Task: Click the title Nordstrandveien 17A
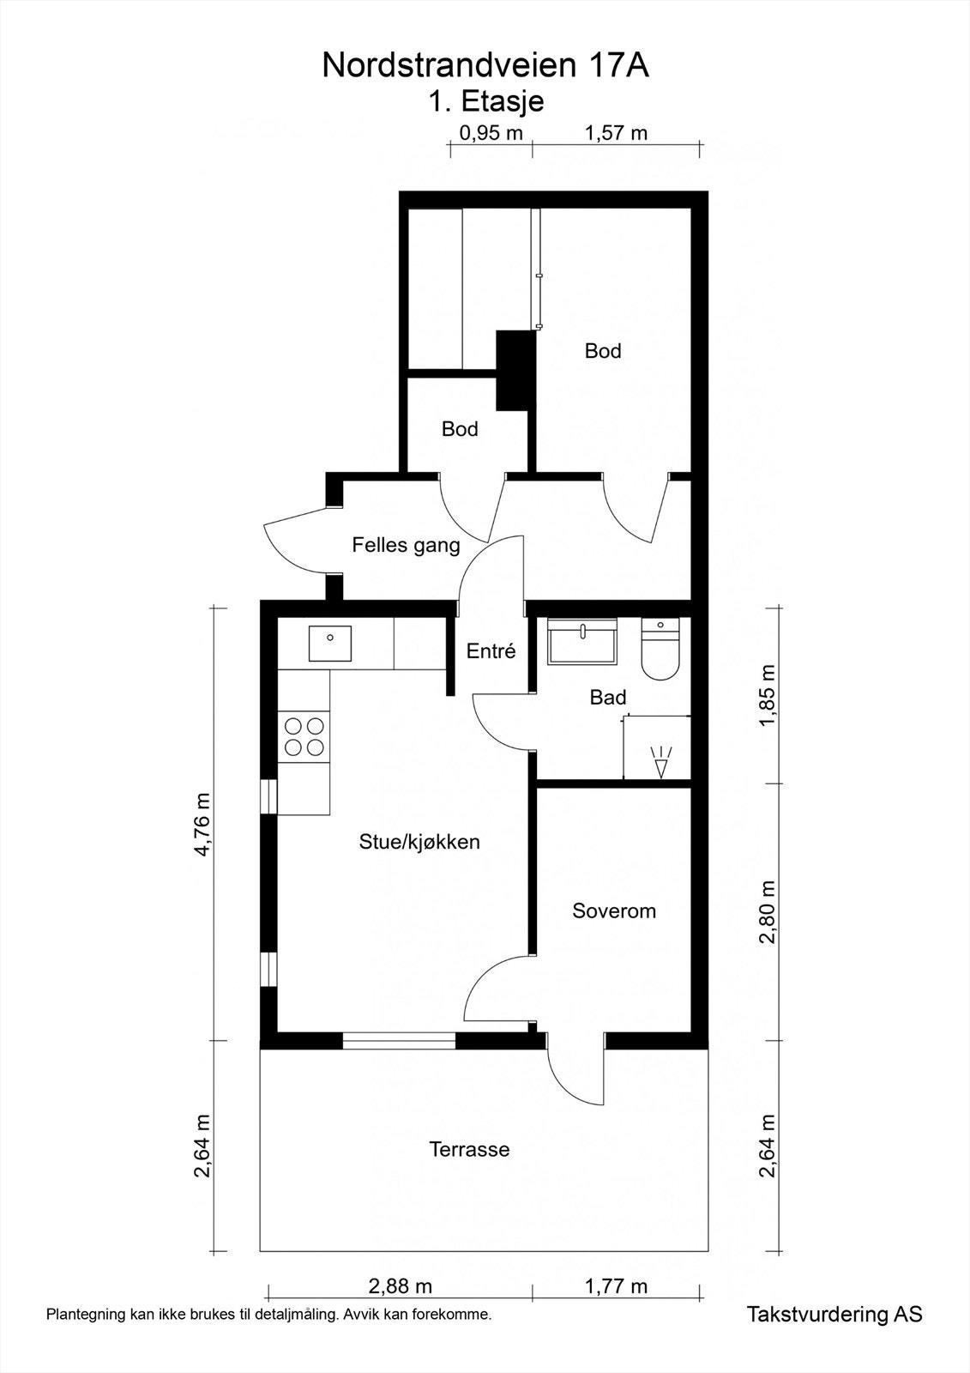tap(485, 65)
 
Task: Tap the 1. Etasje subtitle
tap(485, 101)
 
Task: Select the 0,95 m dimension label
tap(491, 132)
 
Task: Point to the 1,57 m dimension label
tap(616, 132)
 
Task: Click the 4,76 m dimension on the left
tap(202, 825)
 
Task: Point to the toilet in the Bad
tap(660, 649)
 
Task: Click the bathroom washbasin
tap(582, 641)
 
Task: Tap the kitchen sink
tap(329, 643)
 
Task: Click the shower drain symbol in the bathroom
tap(660, 762)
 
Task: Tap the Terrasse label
tap(469, 1149)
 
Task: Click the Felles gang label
tap(406, 545)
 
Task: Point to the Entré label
tap(491, 650)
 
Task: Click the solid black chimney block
tap(515, 371)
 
